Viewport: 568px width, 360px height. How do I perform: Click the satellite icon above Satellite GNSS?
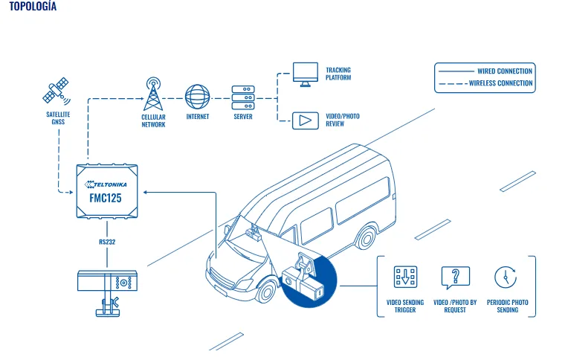tap(57, 90)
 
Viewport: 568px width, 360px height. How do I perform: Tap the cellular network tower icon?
tap(153, 94)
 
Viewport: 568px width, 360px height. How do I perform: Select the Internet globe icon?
tap(198, 97)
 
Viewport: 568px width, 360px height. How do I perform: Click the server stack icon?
tap(243, 97)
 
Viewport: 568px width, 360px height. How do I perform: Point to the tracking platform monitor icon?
tap(306, 74)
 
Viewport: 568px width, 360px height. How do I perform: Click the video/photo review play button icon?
tap(306, 120)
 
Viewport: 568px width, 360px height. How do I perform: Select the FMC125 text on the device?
tap(106, 198)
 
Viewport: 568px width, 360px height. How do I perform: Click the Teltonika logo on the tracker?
tap(106, 184)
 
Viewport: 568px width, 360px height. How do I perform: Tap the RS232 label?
tap(107, 242)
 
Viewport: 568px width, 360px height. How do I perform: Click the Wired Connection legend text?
tap(505, 71)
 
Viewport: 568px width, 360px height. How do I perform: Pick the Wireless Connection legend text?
tap(500, 83)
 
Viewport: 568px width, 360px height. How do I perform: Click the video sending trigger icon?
tap(405, 277)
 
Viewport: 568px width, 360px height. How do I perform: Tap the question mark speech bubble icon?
tap(455, 277)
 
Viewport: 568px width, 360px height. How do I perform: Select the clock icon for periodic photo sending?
tap(506, 277)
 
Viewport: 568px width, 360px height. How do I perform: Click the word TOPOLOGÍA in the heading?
tap(33, 6)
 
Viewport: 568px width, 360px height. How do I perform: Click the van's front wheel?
tap(266, 292)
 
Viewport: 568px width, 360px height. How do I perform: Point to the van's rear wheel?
tap(367, 238)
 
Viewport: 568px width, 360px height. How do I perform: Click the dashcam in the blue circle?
tap(303, 280)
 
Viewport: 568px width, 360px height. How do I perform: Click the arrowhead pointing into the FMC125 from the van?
tap(145, 192)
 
